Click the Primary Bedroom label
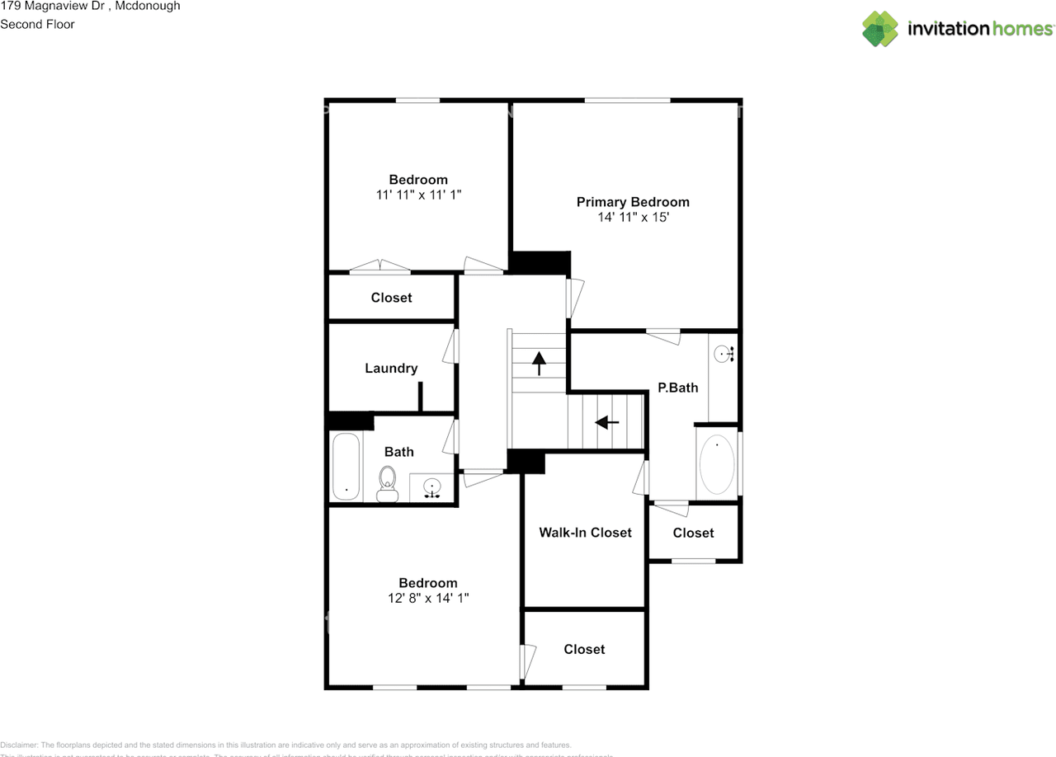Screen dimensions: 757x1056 tap(633, 202)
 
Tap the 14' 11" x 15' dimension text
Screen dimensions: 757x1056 tap(633, 218)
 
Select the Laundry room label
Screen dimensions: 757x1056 tap(391, 369)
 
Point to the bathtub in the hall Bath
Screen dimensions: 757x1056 tap(346, 467)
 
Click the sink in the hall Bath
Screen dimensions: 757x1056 tap(432, 488)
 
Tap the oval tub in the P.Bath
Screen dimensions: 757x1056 tap(717, 464)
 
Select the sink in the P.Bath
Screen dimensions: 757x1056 tap(723, 355)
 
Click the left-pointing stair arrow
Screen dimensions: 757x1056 tap(607, 422)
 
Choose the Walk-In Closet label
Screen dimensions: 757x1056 tap(585, 533)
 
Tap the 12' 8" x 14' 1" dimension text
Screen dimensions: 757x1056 tap(427, 599)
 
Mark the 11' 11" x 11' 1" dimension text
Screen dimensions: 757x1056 tap(418, 195)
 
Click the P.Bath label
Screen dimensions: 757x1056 tap(677, 388)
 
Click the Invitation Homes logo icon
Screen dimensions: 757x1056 tap(879, 29)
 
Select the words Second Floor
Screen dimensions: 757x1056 tap(37, 24)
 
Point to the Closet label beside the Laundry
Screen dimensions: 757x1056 tap(391, 298)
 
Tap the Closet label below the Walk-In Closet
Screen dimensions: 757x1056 tap(584, 650)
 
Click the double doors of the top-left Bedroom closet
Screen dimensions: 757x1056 tap(380, 266)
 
